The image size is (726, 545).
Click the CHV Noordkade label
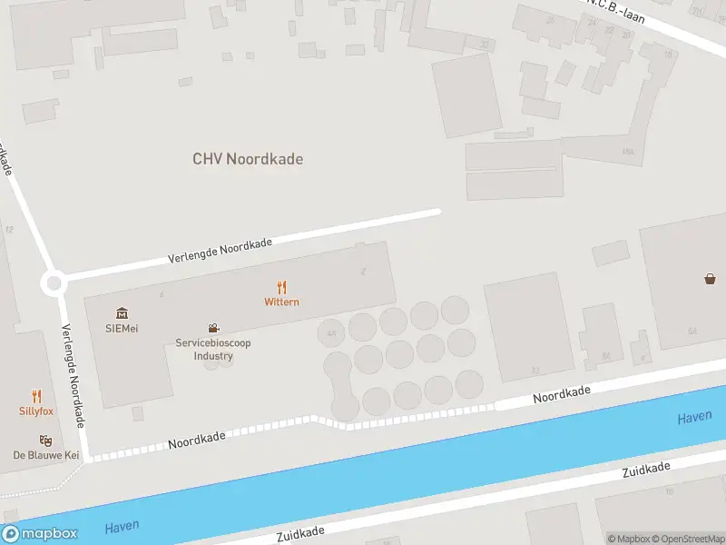tap(248, 159)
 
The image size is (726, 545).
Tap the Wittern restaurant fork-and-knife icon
tap(282, 287)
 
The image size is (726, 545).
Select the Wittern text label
tap(281, 302)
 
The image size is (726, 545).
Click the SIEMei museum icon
tap(122, 313)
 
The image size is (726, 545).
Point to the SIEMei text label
tap(122, 328)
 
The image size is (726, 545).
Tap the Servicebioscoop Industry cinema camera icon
tap(213, 328)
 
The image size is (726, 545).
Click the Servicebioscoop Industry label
tap(213, 349)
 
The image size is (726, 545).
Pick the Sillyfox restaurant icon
tap(36, 396)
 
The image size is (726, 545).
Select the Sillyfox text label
tap(36, 411)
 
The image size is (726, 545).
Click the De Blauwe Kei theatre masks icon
tap(46, 441)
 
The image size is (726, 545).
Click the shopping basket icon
tap(710, 279)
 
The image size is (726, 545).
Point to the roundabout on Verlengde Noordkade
tap(54, 283)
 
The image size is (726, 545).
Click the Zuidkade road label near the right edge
tap(646, 470)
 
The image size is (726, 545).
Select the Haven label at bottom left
tap(123, 528)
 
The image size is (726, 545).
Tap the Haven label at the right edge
tap(694, 418)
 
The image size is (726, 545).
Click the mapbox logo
tap(39, 534)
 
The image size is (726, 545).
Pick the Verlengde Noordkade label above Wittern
tap(221, 252)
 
